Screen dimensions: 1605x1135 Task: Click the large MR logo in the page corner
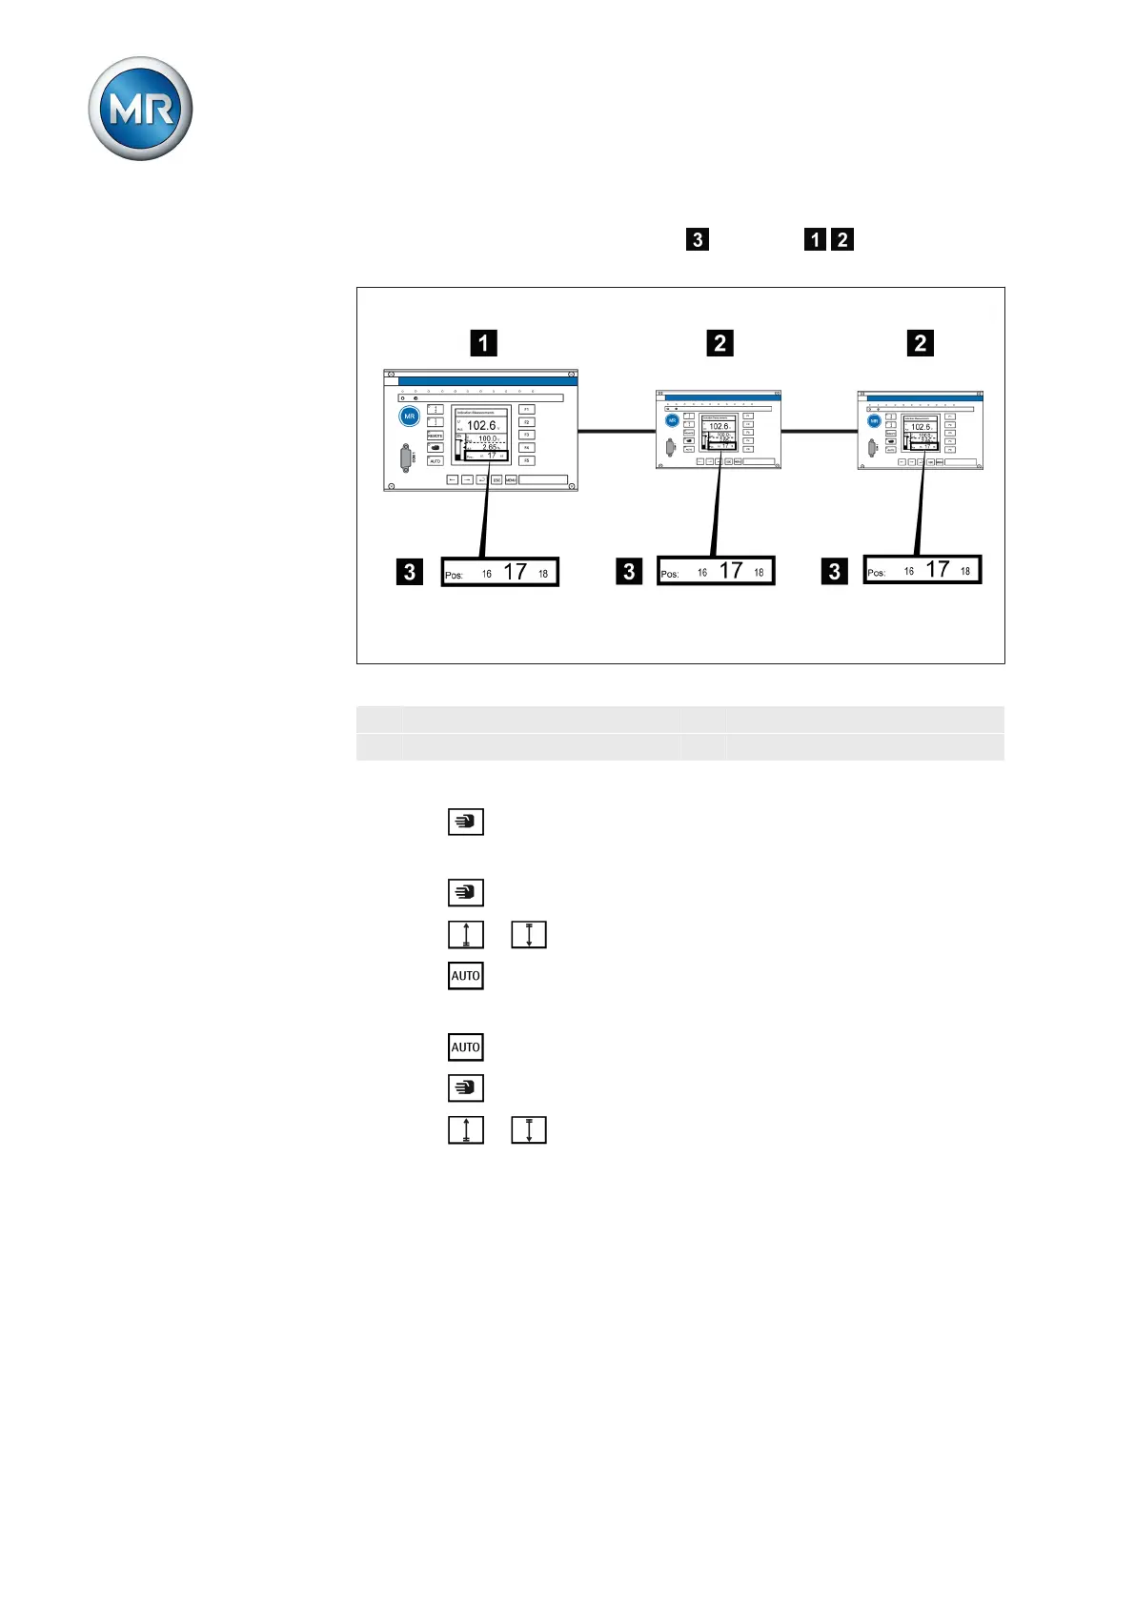(x=140, y=109)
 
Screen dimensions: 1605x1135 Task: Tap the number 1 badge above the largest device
(x=483, y=342)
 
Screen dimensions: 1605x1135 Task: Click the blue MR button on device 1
(x=410, y=416)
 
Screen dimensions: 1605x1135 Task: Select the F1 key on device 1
(x=526, y=410)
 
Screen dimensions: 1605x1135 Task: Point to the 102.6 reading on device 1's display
(x=481, y=426)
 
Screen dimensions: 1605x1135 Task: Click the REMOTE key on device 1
(x=436, y=435)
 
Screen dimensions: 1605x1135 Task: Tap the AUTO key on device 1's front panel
(x=436, y=461)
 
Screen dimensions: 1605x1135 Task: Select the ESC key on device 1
(x=497, y=479)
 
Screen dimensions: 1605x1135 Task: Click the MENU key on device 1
(x=511, y=479)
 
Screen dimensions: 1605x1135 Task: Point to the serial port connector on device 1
(x=407, y=458)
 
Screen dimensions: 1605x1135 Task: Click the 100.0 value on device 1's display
(x=487, y=439)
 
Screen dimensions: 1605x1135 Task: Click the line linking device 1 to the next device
(x=617, y=432)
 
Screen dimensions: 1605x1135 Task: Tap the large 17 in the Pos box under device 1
(x=516, y=572)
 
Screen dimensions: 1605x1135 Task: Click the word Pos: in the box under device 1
(x=455, y=575)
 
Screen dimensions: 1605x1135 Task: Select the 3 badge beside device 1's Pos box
(x=409, y=571)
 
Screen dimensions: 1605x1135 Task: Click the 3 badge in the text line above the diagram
(x=698, y=239)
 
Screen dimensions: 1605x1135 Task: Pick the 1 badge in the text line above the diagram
(x=815, y=239)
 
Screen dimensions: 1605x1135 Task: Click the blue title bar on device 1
(x=487, y=381)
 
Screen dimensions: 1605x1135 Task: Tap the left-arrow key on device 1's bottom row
(x=453, y=479)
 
